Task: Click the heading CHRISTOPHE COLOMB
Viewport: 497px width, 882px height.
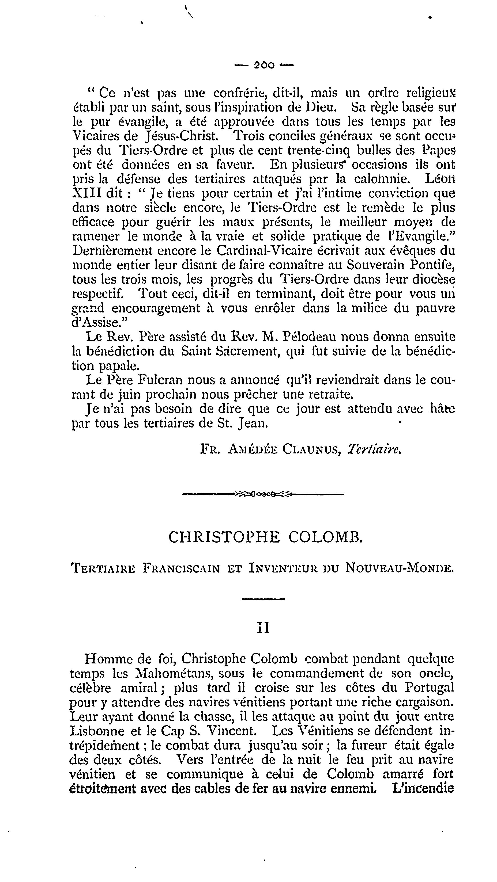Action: (x=266, y=537)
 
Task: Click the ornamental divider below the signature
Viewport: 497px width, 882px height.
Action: (x=263, y=494)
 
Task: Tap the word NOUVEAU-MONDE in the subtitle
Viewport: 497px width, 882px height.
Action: (x=400, y=568)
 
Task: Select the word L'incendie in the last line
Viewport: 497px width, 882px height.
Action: (x=423, y=789)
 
